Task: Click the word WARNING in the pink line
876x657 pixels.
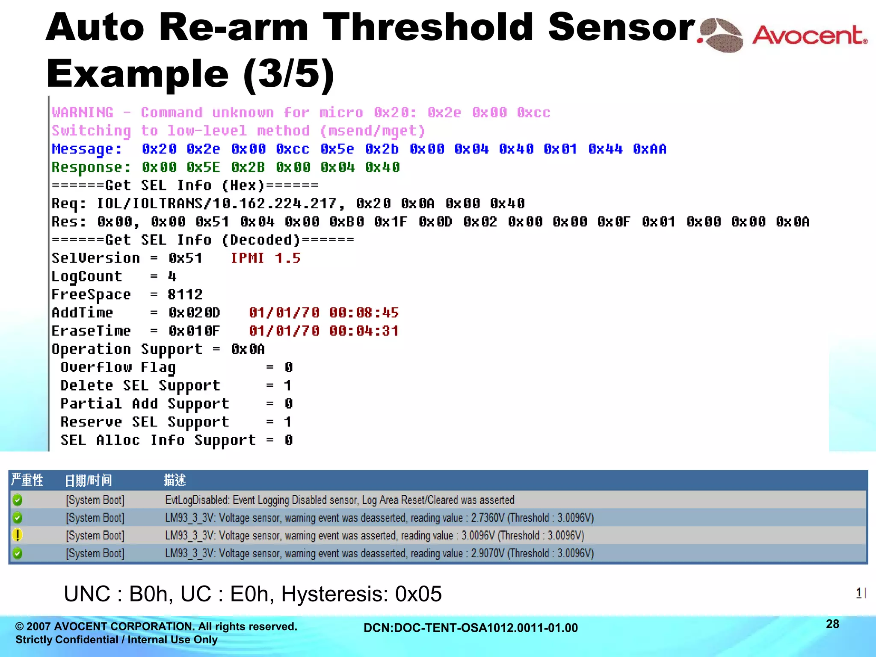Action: coord(83,112)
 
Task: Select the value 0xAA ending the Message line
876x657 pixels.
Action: coord(649,149)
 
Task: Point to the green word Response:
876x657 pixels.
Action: coord(91,167)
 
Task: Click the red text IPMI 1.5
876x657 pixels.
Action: coord(265,258)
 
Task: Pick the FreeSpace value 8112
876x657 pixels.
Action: coord(185,295)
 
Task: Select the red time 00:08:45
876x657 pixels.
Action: coord(364,313)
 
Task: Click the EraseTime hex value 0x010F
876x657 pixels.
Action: coord(194,331)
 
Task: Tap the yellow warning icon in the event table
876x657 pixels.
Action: coord(18,535)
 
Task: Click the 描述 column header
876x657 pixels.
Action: coord(175,480)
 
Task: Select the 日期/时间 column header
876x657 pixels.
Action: coord(88,480)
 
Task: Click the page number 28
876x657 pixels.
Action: coord(832,624)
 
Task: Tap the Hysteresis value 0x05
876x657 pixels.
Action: coord(418,594)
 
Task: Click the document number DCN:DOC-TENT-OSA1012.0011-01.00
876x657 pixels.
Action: coord(471,628)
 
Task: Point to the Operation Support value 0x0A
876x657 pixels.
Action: coord(248,349)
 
